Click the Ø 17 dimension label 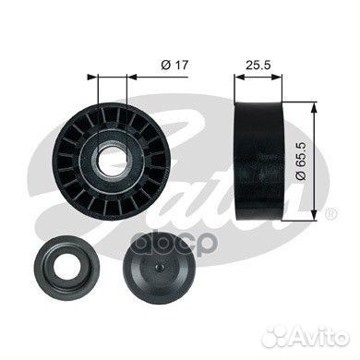174,65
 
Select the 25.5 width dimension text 258,65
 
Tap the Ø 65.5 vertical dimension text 300,161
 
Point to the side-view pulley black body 258,161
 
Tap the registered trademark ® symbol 331,213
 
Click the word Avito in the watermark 321,336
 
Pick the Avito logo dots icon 276,336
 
